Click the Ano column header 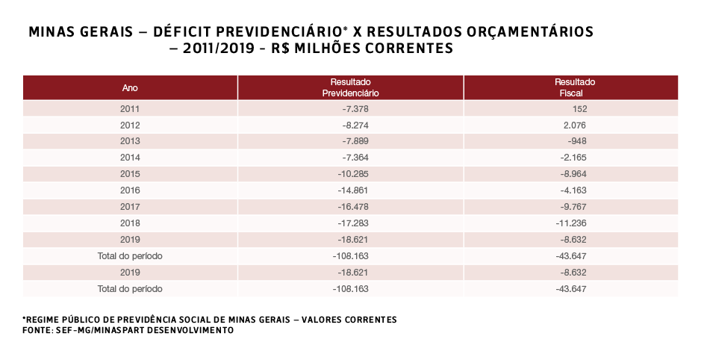click(130, 87)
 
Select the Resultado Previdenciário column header click(351, 87)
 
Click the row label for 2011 click(130, 109)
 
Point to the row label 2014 click(130, 158)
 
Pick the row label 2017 click(130, 206)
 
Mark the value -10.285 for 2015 click(351, 174)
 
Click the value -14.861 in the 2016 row click(351, 190)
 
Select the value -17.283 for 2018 click(351, 223)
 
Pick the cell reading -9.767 click(574, 207)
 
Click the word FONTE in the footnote click(37, 330)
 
